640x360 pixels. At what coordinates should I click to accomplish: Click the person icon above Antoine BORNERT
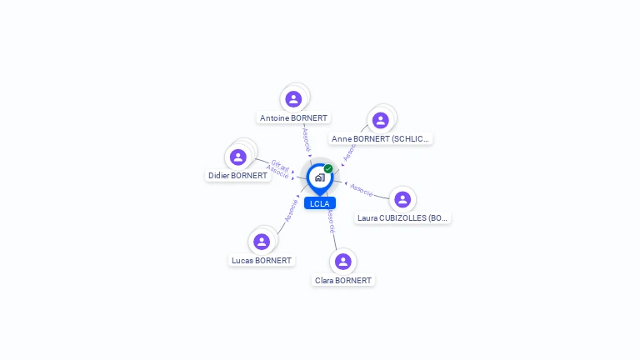coord(293,99)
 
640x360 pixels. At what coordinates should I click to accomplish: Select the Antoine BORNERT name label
coord(293,118)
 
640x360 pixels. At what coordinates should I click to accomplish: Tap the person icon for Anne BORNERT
coord(381,120)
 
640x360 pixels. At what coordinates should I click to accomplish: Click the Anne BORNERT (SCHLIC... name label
coord(381,139)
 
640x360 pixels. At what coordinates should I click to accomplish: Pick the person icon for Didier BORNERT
coord(238,157)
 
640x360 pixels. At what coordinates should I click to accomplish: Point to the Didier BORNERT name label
coord(237,176)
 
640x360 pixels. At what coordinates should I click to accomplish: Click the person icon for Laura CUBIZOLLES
coord(402,199)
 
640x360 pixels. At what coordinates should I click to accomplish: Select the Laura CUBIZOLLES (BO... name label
coord(402,218)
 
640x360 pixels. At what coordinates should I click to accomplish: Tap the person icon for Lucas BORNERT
coord(262,242)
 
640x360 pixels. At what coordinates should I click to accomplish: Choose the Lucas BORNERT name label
coord(262,261)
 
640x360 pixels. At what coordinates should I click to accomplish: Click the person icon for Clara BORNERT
coord(343,262)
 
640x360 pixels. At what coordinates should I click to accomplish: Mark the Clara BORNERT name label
coord(343,281)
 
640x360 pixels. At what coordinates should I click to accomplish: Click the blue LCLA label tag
coord(319,203)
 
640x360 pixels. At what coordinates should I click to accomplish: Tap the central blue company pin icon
coord(319,177)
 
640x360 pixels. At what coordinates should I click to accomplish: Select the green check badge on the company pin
coord(328,169)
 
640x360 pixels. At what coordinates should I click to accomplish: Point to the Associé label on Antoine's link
coord(306,138)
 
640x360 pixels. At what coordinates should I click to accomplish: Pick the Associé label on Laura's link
coord(362,189)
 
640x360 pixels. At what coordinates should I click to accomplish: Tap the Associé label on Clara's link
coord(331,220)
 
